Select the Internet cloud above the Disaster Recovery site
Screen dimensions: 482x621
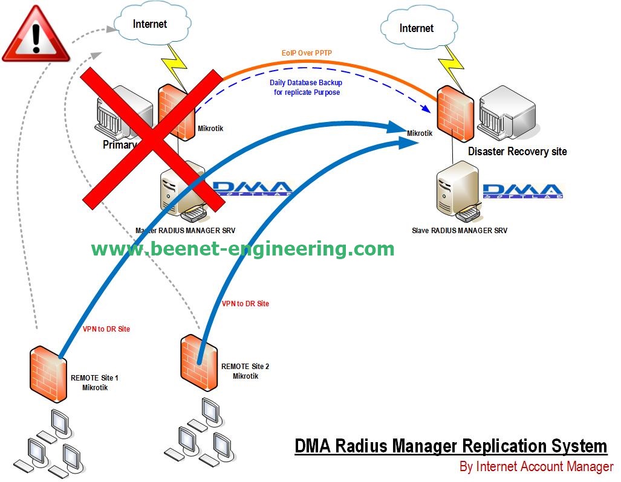coord(416,28)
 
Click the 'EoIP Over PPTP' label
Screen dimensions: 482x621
coord(307,53)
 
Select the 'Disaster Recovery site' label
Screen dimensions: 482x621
coord(517,151)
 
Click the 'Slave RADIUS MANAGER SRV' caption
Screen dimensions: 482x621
coord(460,230)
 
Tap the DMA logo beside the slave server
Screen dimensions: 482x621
coord(524,190)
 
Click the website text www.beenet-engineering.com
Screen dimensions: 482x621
coord(242,249)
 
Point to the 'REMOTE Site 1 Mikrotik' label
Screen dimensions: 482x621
coord(95,382)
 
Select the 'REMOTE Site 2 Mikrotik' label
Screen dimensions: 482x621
coord(245,371)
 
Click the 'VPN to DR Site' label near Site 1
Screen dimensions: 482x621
coord(106,329)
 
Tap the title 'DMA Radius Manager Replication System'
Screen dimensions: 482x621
coord(450,446)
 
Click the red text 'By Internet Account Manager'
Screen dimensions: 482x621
coord(536,466)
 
